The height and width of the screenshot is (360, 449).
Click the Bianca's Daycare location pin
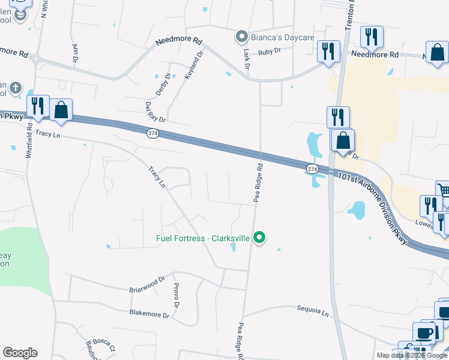241,37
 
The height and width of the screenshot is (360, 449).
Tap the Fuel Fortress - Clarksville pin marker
259,238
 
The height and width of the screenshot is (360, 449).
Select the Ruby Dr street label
270,52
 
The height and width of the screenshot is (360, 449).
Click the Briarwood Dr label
147,284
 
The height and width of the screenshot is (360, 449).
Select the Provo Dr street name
176,296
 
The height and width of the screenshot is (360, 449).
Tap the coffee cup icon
424,333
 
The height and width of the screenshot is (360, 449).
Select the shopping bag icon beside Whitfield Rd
61,110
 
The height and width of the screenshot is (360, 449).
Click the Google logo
20,353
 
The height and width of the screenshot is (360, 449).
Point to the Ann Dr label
75,53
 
